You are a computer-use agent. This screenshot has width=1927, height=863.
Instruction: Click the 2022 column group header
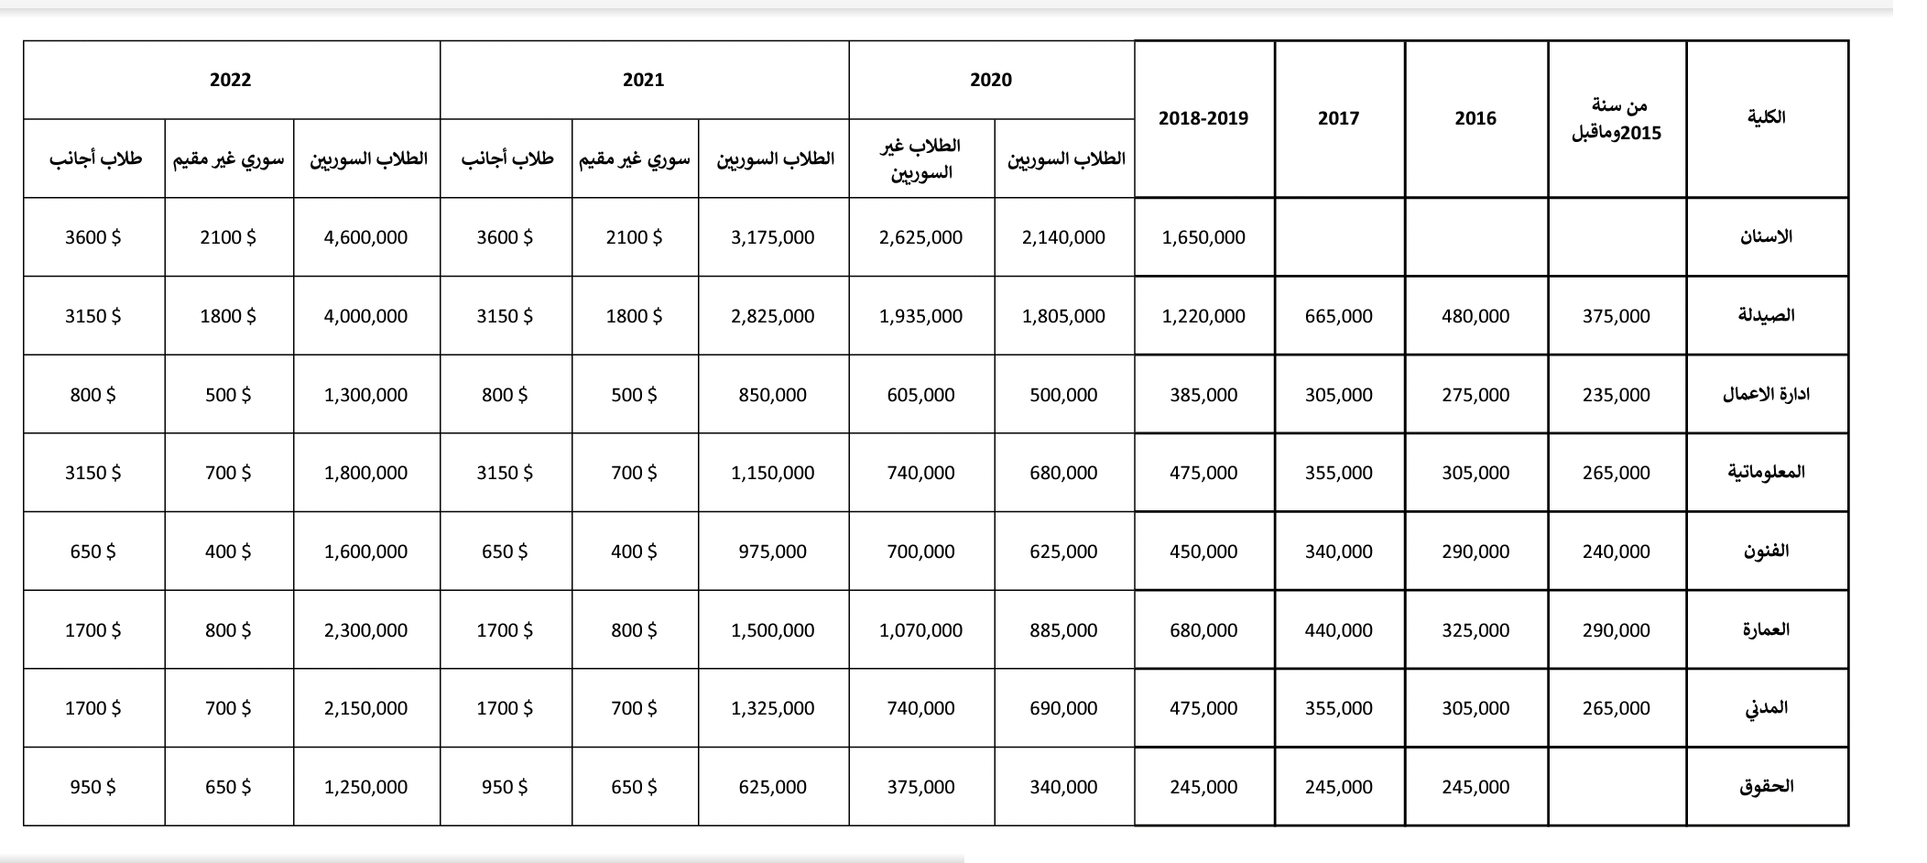[230, 81]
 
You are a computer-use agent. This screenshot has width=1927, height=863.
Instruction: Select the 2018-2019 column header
[1203, 118]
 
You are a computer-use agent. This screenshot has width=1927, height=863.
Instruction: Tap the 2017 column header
[1338, 118]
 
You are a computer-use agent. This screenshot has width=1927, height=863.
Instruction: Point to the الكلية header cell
[1766, 118]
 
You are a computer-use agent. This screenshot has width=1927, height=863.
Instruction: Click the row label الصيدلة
[1766, 316]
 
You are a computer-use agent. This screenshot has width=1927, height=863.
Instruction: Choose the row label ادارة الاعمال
[1766, 395]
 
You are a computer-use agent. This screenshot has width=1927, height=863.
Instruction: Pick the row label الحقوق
[1766, 787]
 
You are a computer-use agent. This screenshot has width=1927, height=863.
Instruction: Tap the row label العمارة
[1766, 630]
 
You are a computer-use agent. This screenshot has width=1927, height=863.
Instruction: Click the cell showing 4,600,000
[365, 237]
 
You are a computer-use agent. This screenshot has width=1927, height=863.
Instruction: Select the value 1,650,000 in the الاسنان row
[1203, 237]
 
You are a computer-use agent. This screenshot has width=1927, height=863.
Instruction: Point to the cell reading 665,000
[1338, 316]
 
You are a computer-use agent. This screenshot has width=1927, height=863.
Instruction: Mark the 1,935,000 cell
[920, 316]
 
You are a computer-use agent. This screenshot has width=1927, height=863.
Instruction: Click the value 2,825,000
[772, 316]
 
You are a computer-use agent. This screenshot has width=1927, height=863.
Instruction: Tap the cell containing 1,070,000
[920, 630]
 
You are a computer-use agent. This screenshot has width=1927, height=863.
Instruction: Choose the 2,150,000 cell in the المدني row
[365, 708]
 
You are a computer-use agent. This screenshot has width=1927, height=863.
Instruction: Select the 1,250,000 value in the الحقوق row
[365, 787]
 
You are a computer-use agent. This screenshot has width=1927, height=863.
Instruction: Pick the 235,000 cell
[1616, 395]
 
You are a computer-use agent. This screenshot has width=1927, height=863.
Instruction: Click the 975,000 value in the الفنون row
[772, 552]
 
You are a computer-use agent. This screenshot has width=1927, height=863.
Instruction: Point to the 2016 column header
[1475, 118]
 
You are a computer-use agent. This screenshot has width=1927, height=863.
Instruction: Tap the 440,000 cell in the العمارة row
[1338, 630]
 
